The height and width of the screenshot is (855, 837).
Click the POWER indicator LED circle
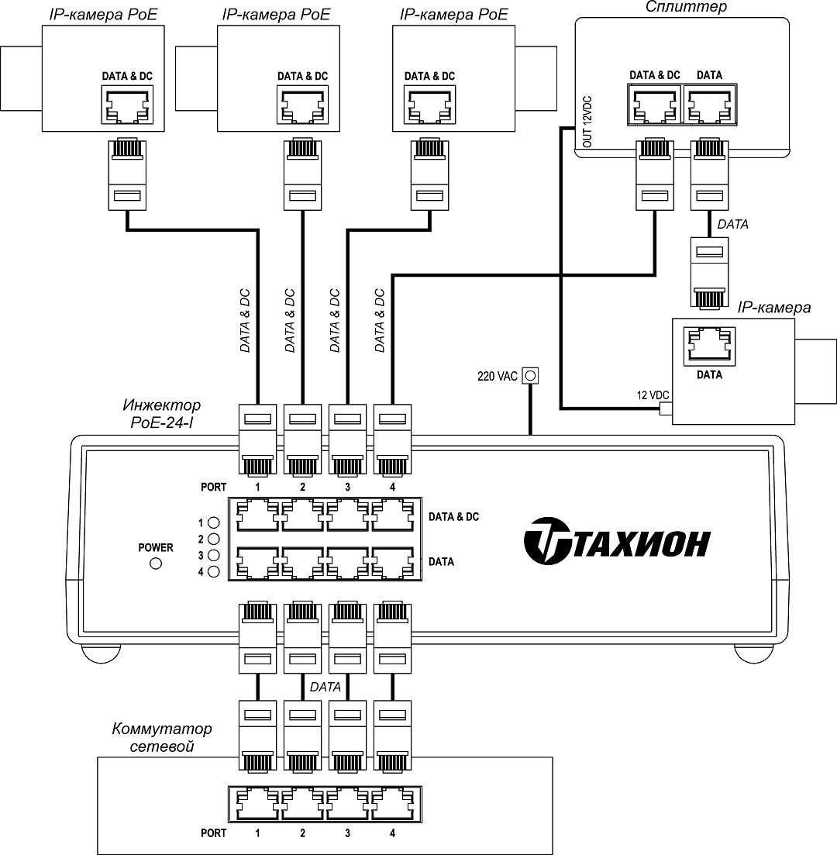[155, 564]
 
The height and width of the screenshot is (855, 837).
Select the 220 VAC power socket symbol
[531, 376]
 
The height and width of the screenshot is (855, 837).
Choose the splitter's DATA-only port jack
[709, 105]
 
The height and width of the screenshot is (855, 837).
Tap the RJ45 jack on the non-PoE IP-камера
[709, 346]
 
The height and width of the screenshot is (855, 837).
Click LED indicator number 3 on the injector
[214, 555]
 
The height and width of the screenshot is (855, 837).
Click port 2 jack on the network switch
[302, 805]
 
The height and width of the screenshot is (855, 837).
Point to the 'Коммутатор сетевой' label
[161, 737]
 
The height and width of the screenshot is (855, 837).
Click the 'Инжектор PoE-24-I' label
[161, 412]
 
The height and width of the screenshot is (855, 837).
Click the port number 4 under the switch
[392, 833]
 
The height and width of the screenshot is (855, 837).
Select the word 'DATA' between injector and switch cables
[325, 687]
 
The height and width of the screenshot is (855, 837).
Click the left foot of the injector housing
[102, 653]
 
